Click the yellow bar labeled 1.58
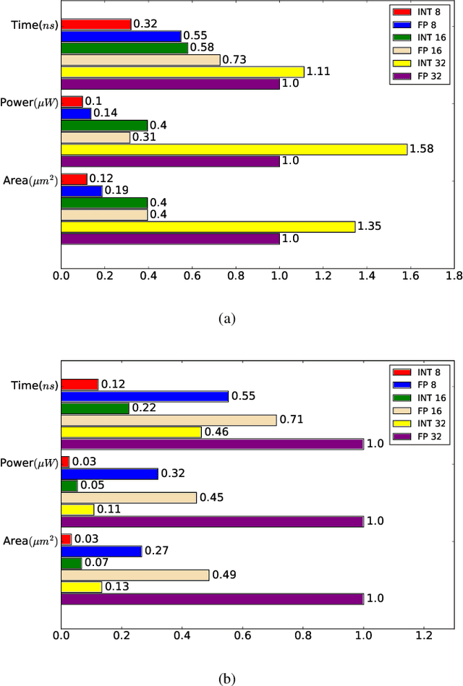click(x=234, y=149)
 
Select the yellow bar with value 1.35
click(x=208, y=227)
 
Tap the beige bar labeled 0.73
click(x=140, y=60)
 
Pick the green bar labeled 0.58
click(x=124, y=48)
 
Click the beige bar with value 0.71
click(x=169, y=420)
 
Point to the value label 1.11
click(x=318, y=72)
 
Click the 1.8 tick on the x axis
click(x=454, y=275)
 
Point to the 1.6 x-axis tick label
click(x=410, y=275)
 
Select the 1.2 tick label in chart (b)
click(x=424, y=636)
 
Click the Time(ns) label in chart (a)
click(x=34, y=24)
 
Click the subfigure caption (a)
click(x=227, y=318)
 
